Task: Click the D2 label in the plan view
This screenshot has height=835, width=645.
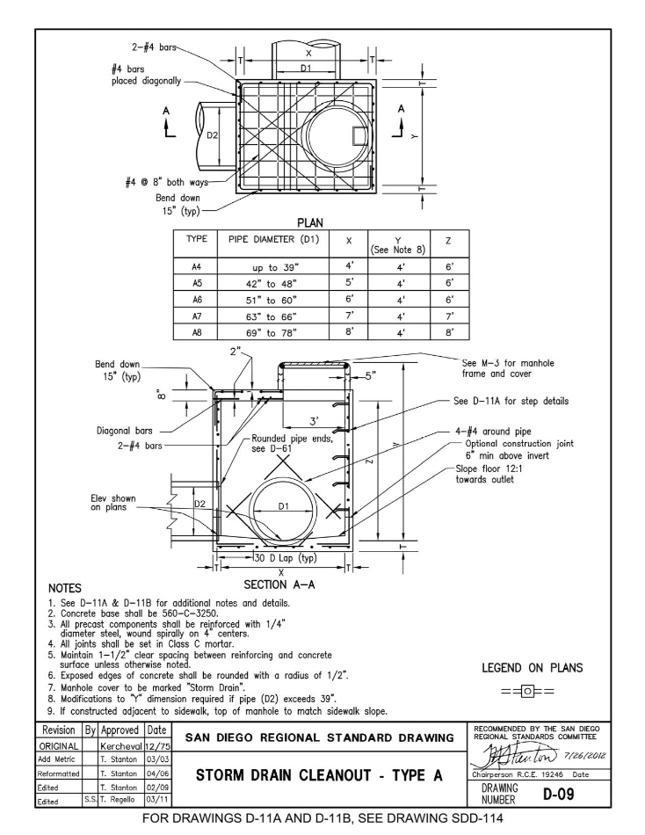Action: pos(211,134)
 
